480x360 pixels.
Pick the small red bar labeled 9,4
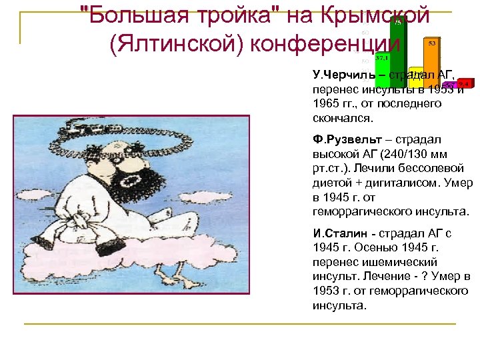464,83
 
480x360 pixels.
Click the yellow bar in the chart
416,78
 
